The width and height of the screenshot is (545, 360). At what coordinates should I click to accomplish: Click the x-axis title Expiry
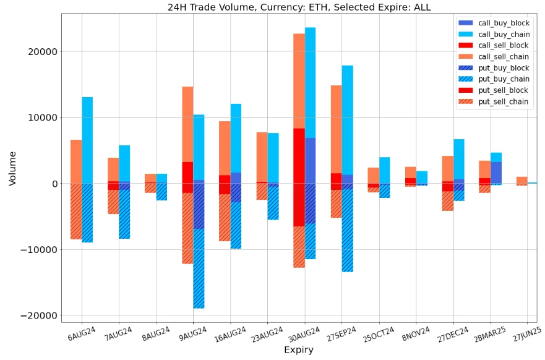pos(298,350)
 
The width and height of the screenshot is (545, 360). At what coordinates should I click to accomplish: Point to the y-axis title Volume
pos(12,168)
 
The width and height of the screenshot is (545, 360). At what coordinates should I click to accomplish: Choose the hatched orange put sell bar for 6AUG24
pos(76,211)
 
